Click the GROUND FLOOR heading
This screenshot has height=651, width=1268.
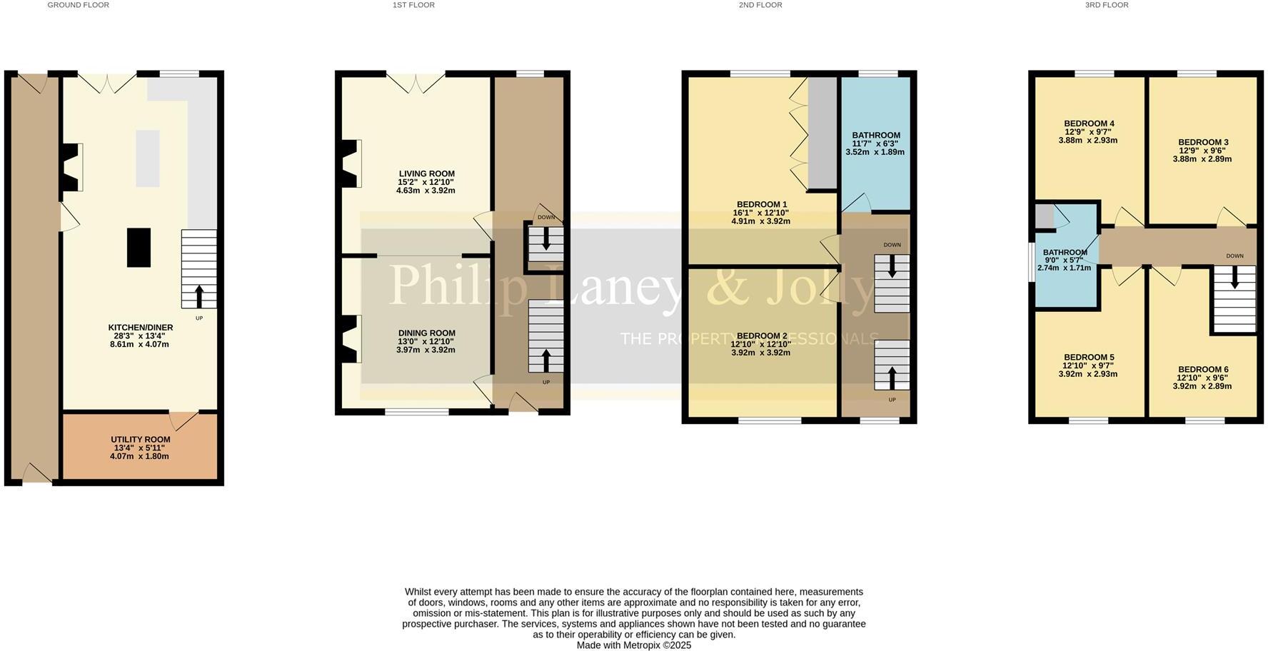[79, 5]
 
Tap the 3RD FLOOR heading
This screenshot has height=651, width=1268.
[1107, 5]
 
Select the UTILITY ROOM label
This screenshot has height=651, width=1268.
[141, 440]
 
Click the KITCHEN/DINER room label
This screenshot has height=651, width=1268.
[141, 328]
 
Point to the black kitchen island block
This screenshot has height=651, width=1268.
[139, 247]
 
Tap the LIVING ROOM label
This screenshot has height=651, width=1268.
[426, 173]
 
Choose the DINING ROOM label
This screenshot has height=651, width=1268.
[426, 333]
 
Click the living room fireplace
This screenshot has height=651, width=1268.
[351, 164]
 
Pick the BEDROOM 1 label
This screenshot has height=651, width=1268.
[761, 204]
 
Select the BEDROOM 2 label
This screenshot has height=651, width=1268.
[761, 335]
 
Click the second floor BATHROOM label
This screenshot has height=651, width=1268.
[875, 135]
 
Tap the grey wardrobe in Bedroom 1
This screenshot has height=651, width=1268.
[821, 132]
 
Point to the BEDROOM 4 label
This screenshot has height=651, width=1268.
[1088, 123]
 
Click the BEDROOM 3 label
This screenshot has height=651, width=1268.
[1202, 142]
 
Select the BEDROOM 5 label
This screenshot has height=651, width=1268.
[1088, 357]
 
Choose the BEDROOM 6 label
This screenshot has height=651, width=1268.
[1202, 369]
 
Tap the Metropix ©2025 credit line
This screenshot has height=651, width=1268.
[634, 645]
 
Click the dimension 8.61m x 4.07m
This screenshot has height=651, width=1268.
[139, 344]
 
